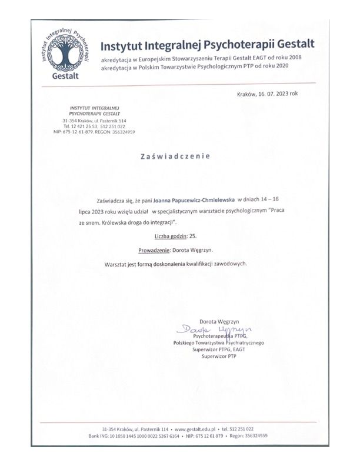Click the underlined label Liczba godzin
[x=168, y=235]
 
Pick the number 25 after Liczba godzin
[x=193, y=235]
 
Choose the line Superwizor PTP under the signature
[x=218, y=356]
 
